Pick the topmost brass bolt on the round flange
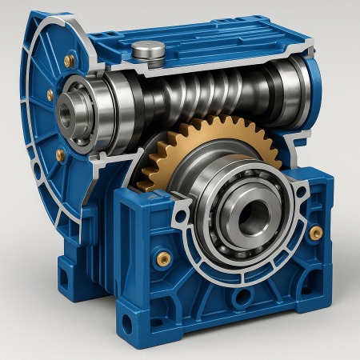[70, 60]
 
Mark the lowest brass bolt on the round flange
[60, 155]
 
